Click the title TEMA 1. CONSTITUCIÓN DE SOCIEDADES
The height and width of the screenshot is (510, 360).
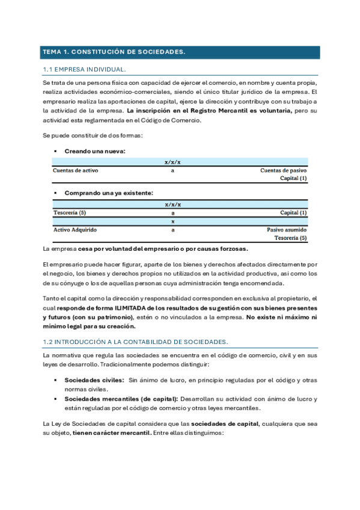(113, 52)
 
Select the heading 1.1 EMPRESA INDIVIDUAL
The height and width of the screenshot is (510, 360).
(84, 70)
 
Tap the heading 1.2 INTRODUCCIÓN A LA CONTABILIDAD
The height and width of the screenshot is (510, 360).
(135, 342)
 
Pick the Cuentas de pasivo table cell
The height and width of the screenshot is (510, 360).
(283, 171)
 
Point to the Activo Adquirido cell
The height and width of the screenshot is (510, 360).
(75, 230)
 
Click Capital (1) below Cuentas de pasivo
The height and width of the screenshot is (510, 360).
(293, 179)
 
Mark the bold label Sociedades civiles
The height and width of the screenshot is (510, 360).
(93, 381)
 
